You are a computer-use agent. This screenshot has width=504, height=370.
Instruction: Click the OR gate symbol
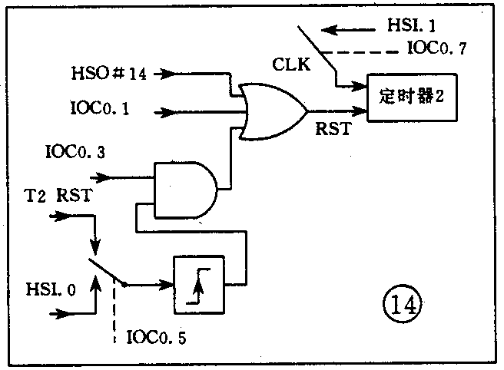273,111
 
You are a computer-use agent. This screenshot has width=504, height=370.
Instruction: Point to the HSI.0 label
50,289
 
